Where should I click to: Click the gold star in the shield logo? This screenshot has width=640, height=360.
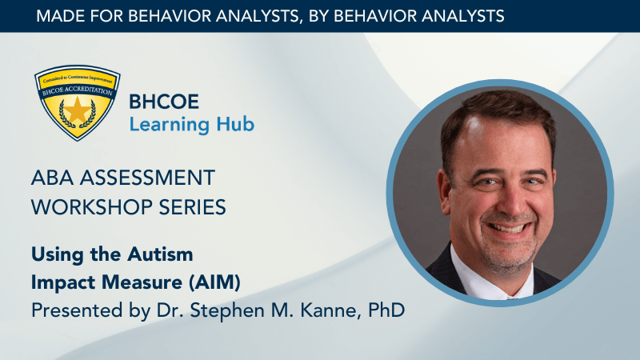click(x=77, y=110)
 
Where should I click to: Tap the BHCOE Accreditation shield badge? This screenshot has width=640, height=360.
click(x=77, y=103)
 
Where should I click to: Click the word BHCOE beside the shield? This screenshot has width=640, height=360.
click(x=164, y=102)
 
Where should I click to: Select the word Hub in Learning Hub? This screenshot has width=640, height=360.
click(x=235, y=124)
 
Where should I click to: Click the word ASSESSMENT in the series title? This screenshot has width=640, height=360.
click(x=147, y=178)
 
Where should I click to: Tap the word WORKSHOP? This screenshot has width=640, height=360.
click(x=91, y=207)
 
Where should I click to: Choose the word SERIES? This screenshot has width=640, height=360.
click(x=192, y=207)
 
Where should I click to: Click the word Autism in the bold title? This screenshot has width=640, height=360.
click(x=160, y=254)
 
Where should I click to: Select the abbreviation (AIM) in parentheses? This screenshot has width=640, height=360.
click(x=214, y=282)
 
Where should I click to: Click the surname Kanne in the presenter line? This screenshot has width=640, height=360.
click(x=330, y=310)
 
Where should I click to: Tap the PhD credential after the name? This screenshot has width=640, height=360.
click(x=386, y=310)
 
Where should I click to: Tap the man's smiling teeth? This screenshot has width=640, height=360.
click(x=509, y=228)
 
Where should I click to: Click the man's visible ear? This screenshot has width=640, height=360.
click(x=444, y=192)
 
